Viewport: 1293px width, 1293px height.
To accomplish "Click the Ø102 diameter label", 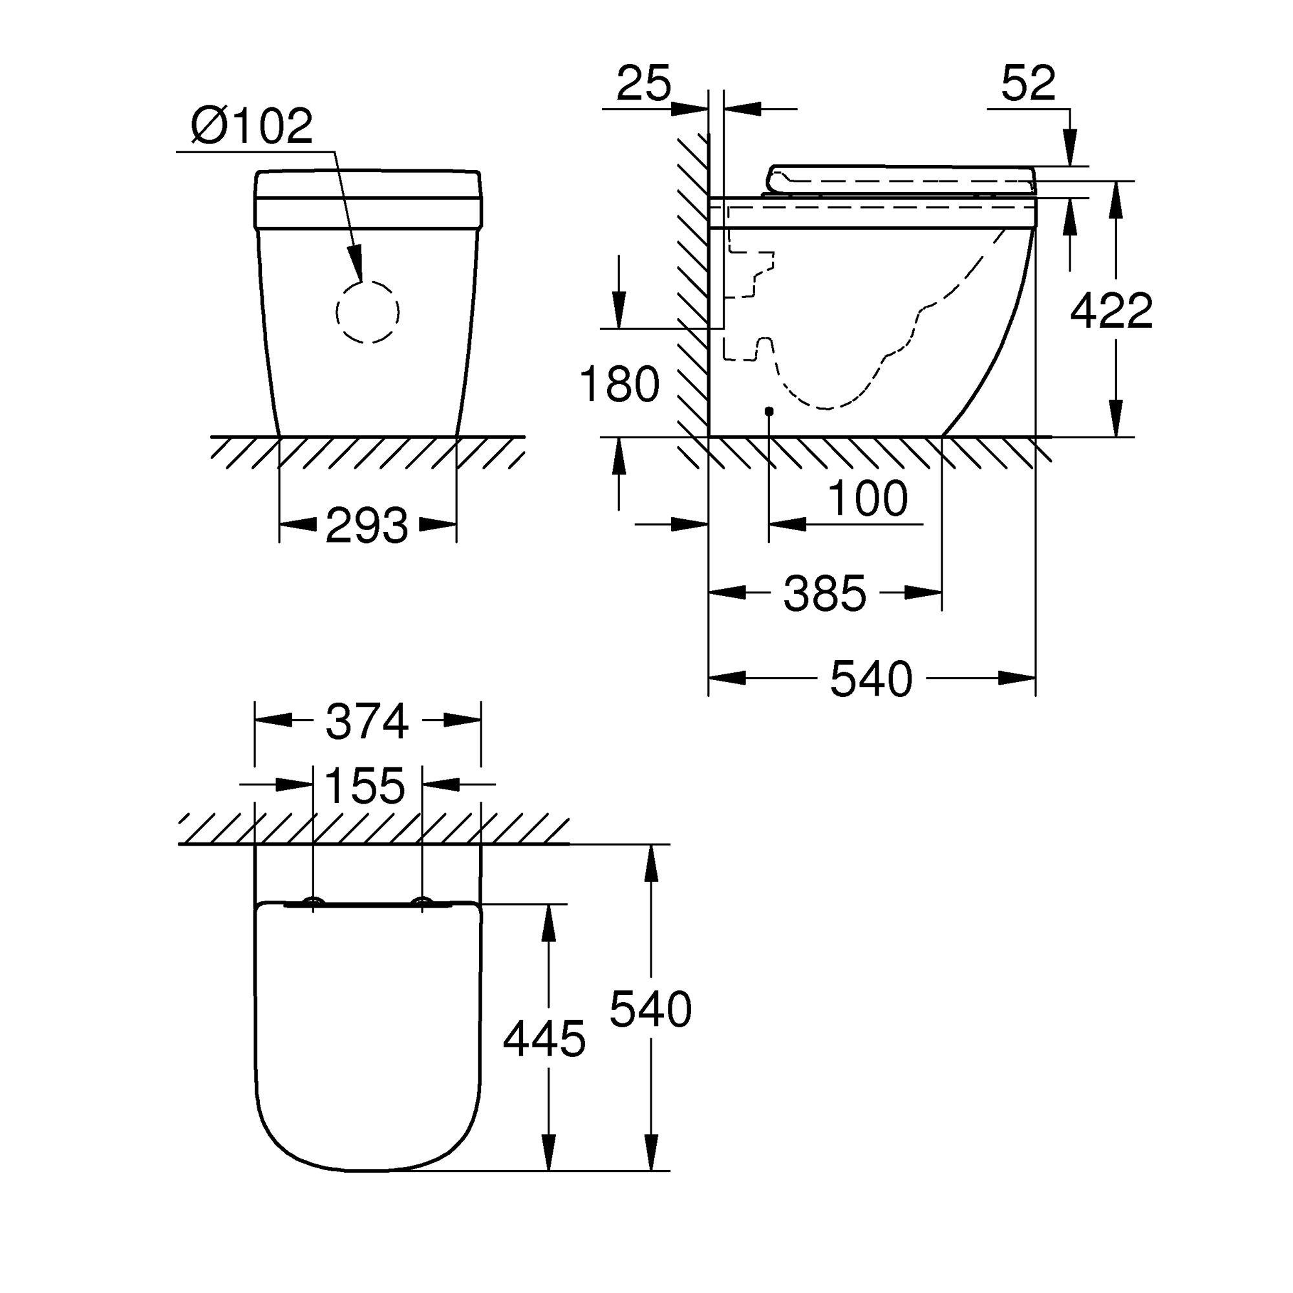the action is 251,125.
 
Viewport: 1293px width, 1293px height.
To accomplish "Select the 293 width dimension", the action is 367,525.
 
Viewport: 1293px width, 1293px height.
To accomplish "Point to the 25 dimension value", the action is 643,83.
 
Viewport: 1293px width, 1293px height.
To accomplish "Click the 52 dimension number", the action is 1028,83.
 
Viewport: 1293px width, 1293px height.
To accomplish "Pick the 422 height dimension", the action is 1111,310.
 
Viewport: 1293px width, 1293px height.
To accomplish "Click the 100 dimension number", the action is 868,498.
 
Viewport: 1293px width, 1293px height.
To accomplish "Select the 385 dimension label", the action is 824,593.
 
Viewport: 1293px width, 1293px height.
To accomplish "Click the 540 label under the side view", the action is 871,679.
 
